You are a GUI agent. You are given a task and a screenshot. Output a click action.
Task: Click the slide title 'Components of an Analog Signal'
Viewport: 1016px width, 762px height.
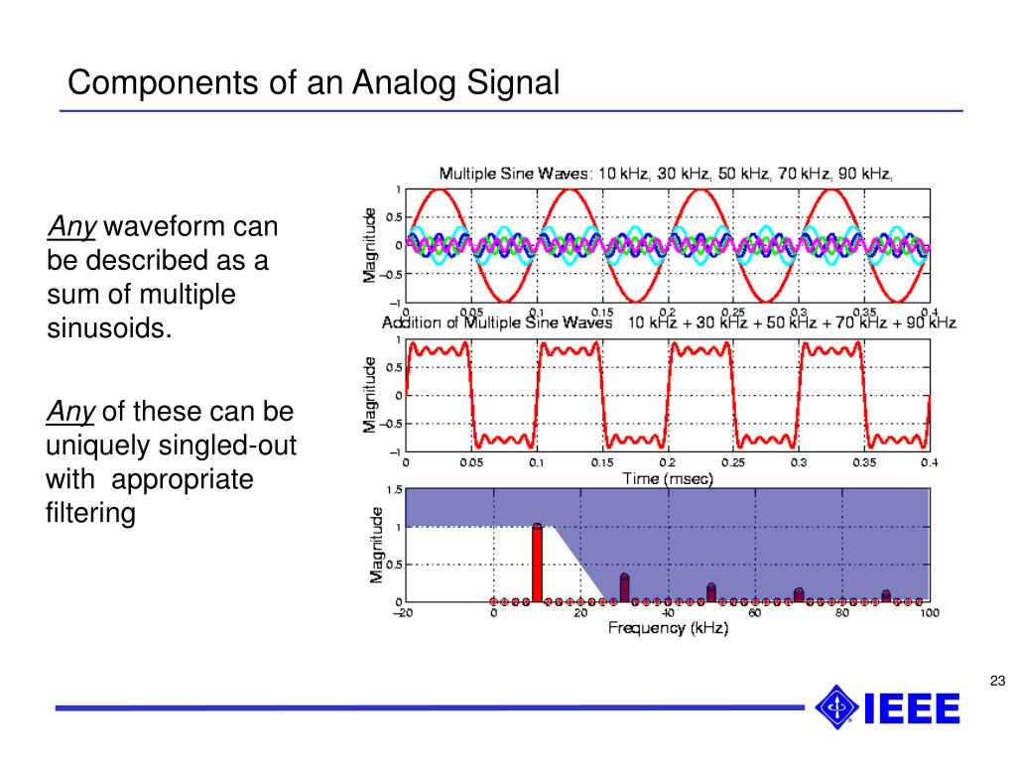314,81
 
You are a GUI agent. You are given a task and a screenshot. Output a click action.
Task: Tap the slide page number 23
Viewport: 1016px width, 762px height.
997,680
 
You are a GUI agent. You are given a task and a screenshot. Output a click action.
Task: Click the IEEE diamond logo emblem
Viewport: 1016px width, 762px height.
836,707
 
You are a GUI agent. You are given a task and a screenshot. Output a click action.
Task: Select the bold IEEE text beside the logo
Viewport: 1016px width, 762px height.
912,709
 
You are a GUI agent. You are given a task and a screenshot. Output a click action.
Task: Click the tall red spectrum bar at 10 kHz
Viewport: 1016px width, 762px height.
537,564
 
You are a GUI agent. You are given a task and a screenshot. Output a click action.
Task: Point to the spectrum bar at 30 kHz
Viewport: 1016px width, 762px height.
624,587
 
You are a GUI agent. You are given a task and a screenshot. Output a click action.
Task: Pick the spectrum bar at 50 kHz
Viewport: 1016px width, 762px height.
711,592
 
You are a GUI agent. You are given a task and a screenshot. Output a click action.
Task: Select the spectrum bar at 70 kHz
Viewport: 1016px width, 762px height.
799,595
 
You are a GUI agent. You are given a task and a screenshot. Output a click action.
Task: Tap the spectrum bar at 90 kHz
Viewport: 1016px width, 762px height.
886,596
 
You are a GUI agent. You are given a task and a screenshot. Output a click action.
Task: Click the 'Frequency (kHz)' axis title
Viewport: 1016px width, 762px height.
668,628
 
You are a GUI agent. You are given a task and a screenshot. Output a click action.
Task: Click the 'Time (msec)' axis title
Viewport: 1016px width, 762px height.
668,478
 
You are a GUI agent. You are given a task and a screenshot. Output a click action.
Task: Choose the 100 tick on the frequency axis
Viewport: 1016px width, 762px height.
929,613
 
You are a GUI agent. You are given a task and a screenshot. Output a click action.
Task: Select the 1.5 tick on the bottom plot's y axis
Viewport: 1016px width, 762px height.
394,490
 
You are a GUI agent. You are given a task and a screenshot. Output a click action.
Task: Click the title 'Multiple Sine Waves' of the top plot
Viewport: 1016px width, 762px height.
515,174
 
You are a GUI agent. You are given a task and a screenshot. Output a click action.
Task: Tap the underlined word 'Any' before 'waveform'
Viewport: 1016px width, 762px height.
71,228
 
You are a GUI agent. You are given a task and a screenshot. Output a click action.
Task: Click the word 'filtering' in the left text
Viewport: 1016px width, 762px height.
90,514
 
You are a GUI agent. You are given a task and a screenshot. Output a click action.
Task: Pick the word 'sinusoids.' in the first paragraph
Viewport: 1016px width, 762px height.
109,328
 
